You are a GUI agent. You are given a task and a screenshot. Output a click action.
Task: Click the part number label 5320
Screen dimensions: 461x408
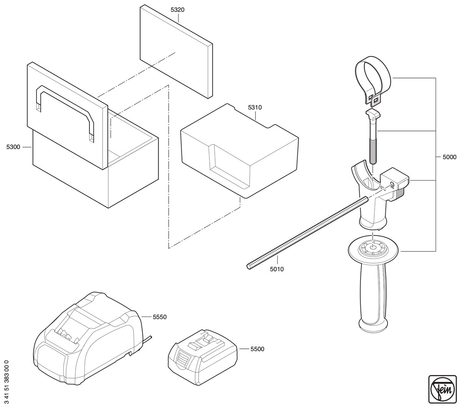point(177,10)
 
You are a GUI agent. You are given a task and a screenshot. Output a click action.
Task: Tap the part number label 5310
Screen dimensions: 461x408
point(255,108)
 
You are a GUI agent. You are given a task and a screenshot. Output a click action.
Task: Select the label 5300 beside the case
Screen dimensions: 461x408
point(13,147)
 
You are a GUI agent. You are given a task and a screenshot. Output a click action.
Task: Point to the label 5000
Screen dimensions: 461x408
point(449,157)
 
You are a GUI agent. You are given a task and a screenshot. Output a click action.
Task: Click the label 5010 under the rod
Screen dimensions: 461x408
point(277,269)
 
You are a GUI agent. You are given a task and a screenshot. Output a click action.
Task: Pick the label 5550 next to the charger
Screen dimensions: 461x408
point(159,317)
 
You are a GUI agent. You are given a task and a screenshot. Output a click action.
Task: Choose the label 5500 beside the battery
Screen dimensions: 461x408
point(257,349)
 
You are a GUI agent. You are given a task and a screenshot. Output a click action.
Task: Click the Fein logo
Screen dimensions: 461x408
point(442,389)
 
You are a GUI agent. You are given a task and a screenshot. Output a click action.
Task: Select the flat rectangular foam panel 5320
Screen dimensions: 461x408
point(176,51)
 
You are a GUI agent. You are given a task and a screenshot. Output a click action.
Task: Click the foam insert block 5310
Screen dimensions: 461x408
point(239,151)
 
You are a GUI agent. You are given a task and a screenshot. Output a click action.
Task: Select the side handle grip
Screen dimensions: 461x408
point(373,289)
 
